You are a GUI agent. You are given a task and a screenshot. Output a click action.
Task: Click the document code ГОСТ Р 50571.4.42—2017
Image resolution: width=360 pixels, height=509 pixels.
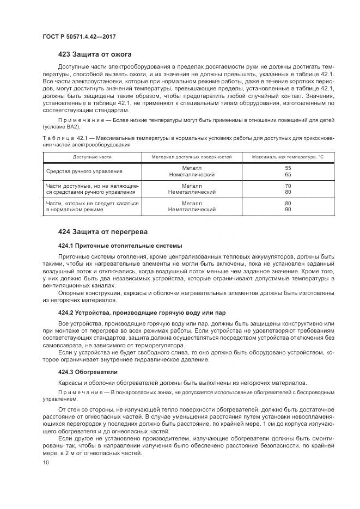[x=79, y=37]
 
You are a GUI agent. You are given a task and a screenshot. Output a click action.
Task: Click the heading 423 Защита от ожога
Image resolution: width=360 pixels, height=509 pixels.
[x=95, y=54]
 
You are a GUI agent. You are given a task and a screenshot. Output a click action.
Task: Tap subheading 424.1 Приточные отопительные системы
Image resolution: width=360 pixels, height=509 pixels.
[x=120, y=246]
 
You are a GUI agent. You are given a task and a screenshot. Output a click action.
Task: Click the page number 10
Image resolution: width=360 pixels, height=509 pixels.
[x=46, y=463]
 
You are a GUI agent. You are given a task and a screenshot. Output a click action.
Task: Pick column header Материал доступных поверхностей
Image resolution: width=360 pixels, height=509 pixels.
[x=192, y=157]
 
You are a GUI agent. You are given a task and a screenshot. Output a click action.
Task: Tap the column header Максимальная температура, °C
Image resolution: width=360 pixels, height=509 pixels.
[x=288, y=157]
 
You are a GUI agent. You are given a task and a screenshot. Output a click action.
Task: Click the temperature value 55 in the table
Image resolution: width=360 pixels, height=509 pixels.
[x=288, y=168]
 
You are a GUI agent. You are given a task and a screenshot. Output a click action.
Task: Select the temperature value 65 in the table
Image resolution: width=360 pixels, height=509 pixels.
[x=288, y=175]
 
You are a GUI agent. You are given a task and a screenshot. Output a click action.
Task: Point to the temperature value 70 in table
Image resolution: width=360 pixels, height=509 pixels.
[x=288, y=186]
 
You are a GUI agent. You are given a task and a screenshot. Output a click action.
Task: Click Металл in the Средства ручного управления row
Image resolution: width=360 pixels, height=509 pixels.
[x=192, y=168]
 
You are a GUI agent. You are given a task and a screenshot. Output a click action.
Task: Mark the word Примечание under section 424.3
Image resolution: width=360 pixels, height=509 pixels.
[x=78, y=392]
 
